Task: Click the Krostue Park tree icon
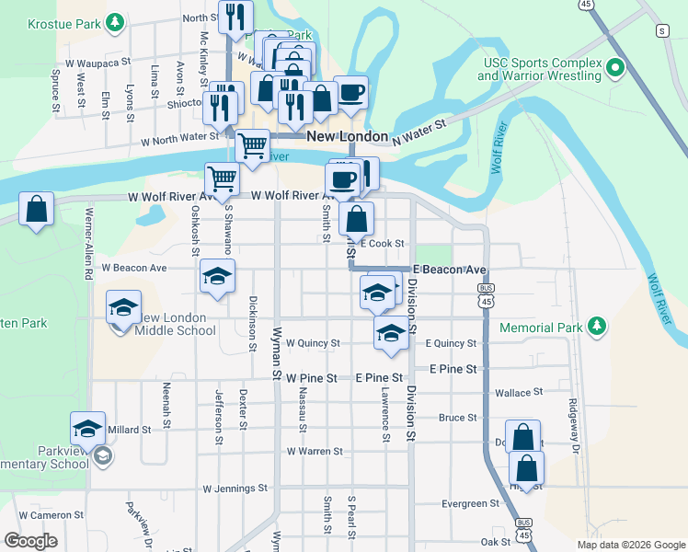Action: pos(114,20)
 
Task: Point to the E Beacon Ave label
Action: pos(449,270)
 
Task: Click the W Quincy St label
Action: pos(313,343)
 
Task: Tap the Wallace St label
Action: pos(512,393)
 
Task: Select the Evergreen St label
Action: pos(470,504)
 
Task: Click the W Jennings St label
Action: pos(235,489)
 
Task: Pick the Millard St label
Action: pos(129,430)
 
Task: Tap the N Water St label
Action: pos(419,132)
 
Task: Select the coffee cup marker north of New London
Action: pos(350,92)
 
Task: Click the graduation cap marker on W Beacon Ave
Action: pos(217,276)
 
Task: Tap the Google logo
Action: pos(32,541)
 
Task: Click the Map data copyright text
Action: pos(631,544)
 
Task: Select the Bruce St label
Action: pos(457,418)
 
